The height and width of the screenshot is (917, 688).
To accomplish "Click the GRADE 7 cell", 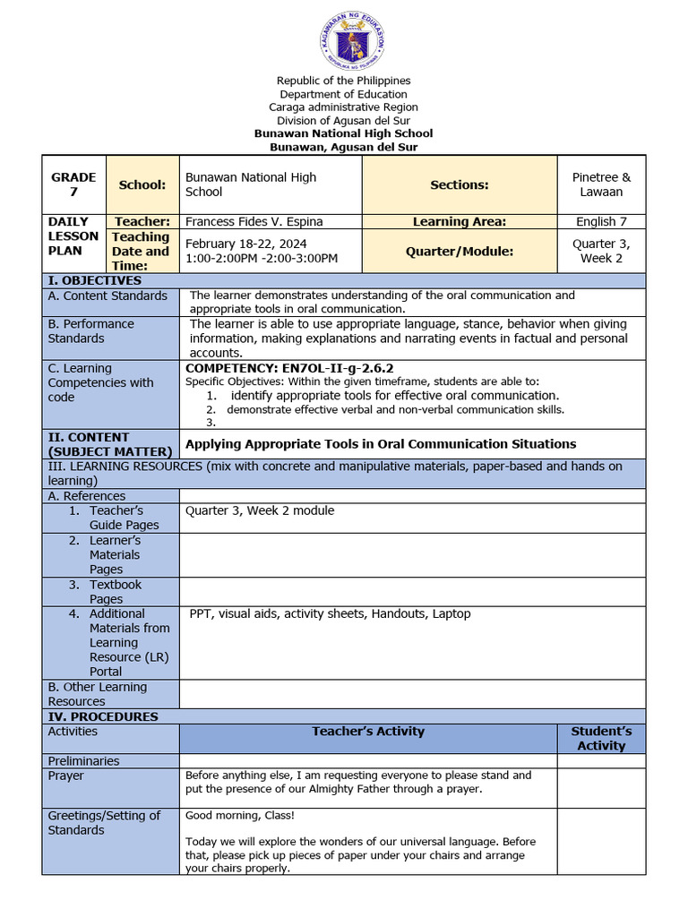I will (x=73, y=184).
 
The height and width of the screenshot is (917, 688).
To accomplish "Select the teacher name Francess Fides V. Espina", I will (x=254, y=221).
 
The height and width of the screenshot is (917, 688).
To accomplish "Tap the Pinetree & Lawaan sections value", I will (x=601, y=184).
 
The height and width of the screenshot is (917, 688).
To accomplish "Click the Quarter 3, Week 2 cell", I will (x=601, y=251).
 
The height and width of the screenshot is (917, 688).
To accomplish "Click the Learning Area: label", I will (x=459, y=221).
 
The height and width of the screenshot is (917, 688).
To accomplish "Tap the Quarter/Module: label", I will (x=459, y=252).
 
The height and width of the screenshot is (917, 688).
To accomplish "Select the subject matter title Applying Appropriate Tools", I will (x=380, y=443).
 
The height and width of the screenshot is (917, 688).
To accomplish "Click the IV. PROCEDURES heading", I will (x=102, y=716).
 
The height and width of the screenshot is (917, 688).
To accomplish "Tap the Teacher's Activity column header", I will (x=367, y=732).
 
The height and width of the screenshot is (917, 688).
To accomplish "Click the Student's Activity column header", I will (x=601, y=739).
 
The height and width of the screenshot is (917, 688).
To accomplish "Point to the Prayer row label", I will (x=65, y=776).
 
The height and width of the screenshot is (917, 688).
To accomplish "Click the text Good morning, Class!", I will (x=239, y=816).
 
